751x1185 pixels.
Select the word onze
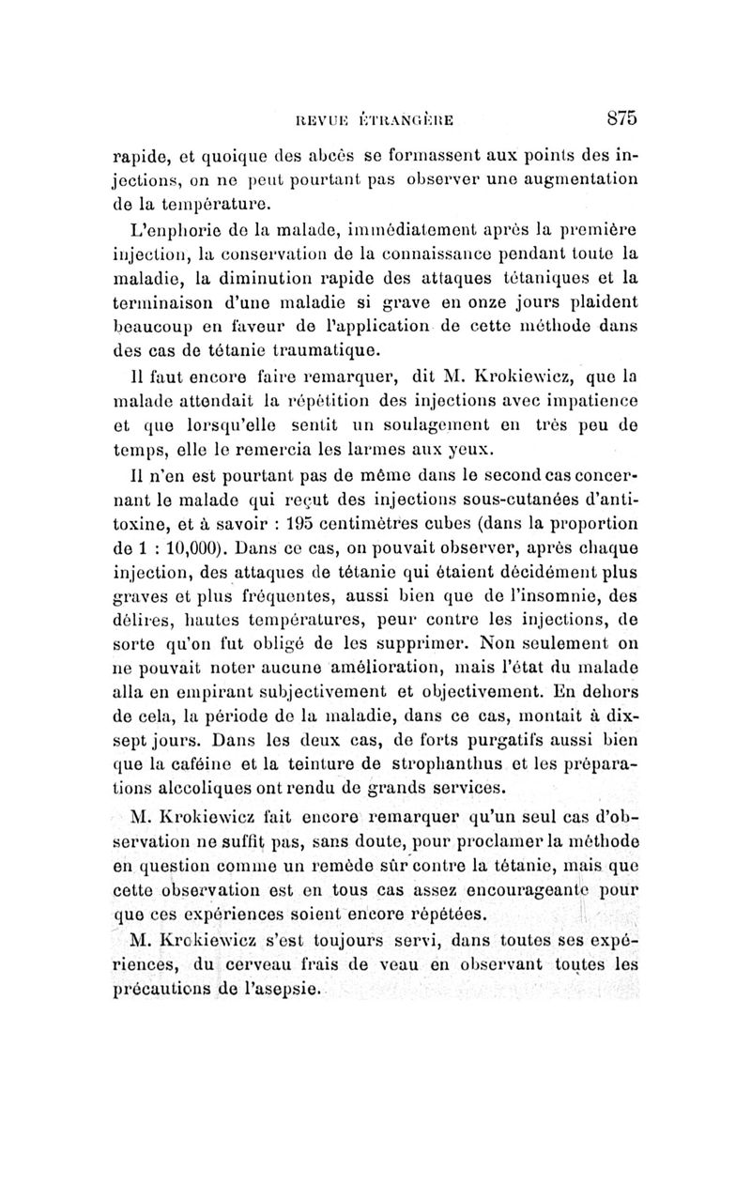tap(486, 301)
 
